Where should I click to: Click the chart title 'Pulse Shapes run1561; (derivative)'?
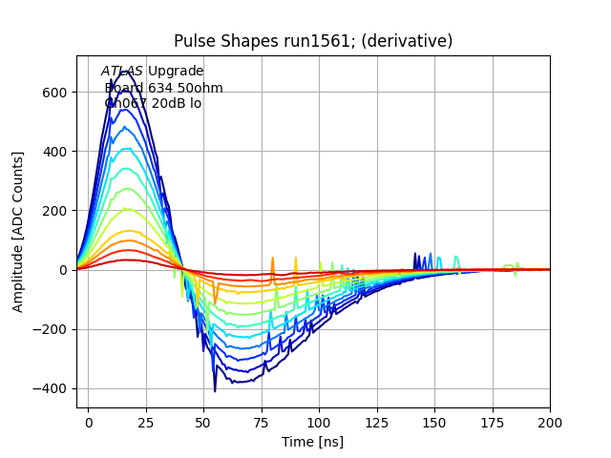tap(313, 41)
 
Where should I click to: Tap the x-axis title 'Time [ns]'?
tap(312, 442)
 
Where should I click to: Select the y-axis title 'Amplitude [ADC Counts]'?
tap(18, 232)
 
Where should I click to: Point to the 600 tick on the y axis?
tap(56, 93)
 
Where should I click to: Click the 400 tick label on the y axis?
tap(56, 152)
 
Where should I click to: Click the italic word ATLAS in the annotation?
tap(121, 72)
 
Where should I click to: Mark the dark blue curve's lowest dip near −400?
tap(215, 389)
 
